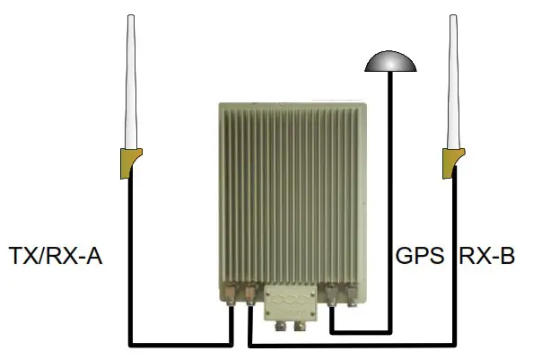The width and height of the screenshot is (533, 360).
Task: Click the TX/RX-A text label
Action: (x=56, y=258)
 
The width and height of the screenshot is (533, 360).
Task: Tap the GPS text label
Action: (x=420, y=258)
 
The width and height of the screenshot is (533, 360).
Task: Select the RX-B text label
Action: (x=487, y=258)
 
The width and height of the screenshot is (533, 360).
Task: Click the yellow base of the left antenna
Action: (x=130, y=162)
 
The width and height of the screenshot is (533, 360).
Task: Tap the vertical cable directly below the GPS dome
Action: (x=390, y=180)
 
